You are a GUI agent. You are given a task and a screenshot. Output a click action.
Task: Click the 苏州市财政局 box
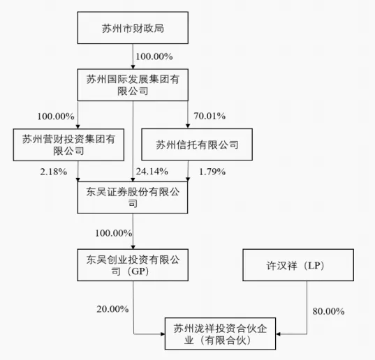pos(133,29)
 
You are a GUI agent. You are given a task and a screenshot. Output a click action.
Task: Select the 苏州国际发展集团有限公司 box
pos(133,84)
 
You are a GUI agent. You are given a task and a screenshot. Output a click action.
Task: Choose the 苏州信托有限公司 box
pos(196,145)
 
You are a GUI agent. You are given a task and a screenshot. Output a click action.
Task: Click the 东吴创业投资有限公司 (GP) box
pos(133,267)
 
